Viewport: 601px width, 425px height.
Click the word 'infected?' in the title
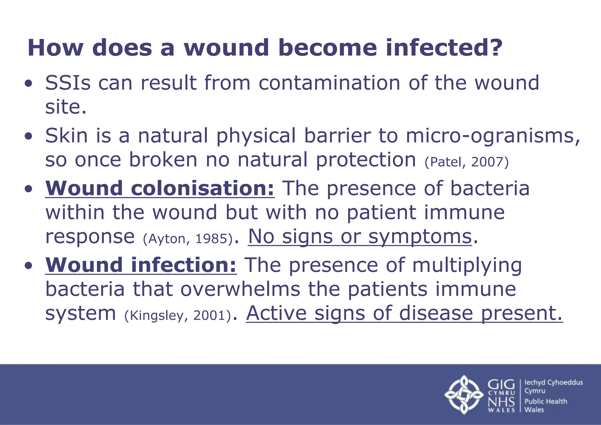(444, 48)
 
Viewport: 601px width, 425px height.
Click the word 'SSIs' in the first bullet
(68, 83)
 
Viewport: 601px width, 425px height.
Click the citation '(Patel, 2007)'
(467, 162)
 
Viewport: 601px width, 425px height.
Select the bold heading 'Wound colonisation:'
(160, 188)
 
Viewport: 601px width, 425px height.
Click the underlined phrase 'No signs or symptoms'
(360, 237)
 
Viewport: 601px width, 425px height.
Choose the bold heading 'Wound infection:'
(141, 265)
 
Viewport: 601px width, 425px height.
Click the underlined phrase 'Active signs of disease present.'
(404, 314)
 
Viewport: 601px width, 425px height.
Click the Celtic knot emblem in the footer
(464, 394)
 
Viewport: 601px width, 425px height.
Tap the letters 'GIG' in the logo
(501, 385)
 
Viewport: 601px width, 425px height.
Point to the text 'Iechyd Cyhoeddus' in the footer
(553, 382)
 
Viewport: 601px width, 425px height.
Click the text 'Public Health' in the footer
(546, 401)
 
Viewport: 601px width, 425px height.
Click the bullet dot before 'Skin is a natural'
(28, 137)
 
